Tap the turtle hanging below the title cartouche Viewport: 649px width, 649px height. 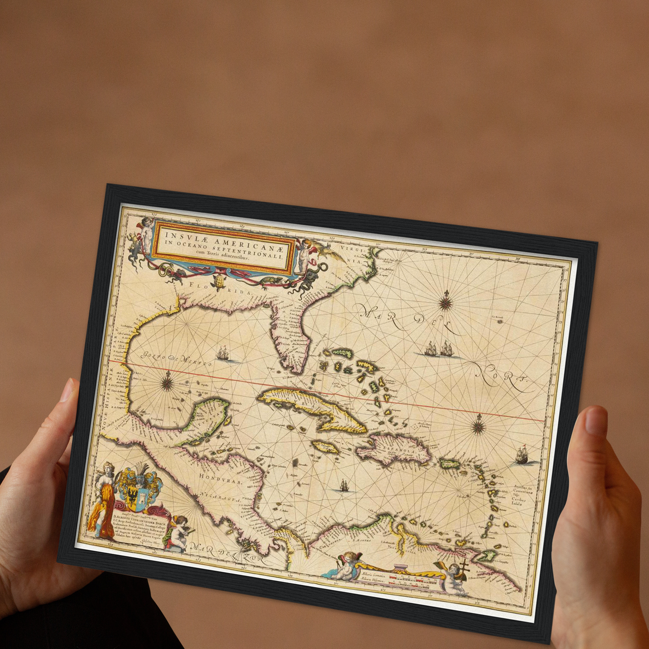point(220,281)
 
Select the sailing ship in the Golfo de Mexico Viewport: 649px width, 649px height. point(223,353)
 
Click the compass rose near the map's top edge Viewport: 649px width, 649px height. point(445,301)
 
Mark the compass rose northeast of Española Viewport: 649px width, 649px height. point(479,424)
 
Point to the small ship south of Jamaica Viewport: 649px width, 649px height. point(344,485)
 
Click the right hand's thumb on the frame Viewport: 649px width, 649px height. point(597,431)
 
